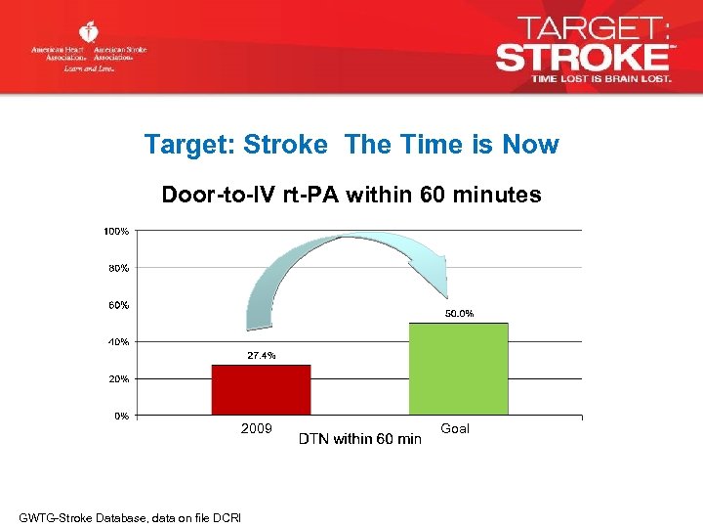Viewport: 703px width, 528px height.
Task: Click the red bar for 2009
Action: pos(261,390)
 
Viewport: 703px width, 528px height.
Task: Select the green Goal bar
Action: pos(458,369)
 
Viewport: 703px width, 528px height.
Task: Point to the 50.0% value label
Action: pos(459,313)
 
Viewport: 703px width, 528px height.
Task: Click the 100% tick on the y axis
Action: pos(116,231)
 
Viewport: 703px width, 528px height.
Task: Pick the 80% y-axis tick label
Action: pos(118,268)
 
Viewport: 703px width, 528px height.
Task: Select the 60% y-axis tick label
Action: pos(118,305)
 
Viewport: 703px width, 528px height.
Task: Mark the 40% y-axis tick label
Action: pos(118,342)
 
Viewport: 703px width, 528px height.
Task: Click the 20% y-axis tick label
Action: pos(118,379)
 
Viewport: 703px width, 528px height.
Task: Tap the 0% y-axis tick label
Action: pos(121,417)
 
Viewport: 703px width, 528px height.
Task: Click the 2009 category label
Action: pos(257,429)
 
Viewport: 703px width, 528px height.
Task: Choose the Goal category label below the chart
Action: pos(455,428)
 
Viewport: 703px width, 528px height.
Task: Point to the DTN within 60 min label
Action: pos(359,439)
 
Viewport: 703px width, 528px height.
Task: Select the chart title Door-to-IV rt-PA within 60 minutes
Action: pos(351,196)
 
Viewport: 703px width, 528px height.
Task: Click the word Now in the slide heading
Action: pos(530,145)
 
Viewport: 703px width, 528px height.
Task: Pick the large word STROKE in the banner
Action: pos(582,55)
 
